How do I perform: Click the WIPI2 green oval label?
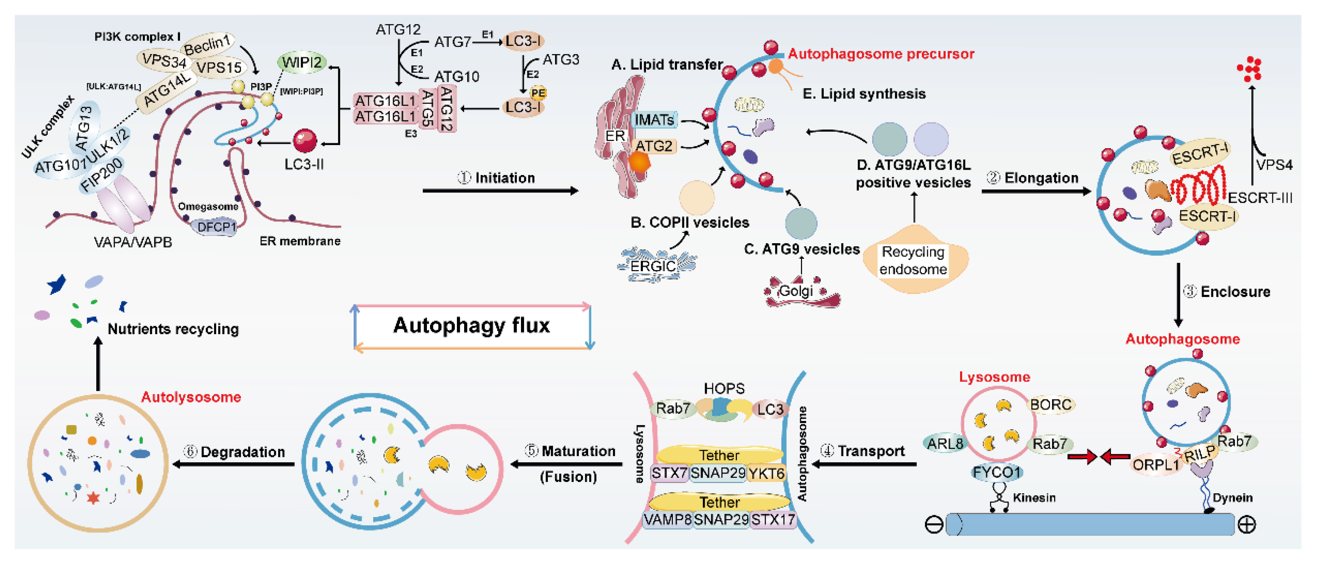[x=302, y=63]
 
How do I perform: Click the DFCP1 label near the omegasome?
[x=216, y=227]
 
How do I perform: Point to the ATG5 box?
[x=427, y=108]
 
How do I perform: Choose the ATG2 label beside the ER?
[x=654, y=146]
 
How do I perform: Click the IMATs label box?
[x=654, y=120]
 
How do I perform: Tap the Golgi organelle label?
[x=796, y=291]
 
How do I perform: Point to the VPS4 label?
[x=1274, y=165]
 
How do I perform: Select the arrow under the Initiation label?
[x=500, y=191]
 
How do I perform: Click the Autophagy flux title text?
[x=471, y=326]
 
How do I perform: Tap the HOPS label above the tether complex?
[x=724, y=389]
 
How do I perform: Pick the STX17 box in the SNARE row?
[x=773, y=519]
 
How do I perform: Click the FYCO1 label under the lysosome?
[x=996, y=472]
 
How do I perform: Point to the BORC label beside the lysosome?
[x=1051, y=405]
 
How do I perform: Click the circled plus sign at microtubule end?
[x=1247, y=525]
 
